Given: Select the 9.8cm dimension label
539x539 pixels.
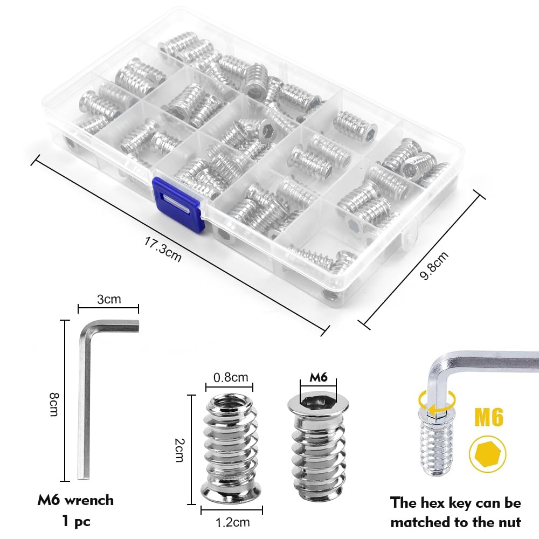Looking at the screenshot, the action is (x=434, y=265).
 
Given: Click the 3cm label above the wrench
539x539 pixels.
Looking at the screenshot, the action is (x=109, y=299).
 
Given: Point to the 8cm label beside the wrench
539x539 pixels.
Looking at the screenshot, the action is (x=54, y=405).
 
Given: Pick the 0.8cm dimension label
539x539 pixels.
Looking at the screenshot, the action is (x=231, y=377).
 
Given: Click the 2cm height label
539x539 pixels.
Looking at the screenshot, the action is (x=179, y=450).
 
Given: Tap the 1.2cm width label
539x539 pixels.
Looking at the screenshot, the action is (x=232, y=522).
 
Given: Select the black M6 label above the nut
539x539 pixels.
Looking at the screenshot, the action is (x=319, y=377).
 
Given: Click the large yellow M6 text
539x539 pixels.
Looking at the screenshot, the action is (x=489, y=417).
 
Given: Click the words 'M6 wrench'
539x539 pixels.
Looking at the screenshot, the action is (x=75, y=500).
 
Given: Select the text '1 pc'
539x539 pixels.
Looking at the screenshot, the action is (x=77, y=521).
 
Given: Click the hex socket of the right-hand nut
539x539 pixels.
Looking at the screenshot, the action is (x=318, y=400).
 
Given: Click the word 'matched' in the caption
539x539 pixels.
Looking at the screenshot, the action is (x=420, y=522).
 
